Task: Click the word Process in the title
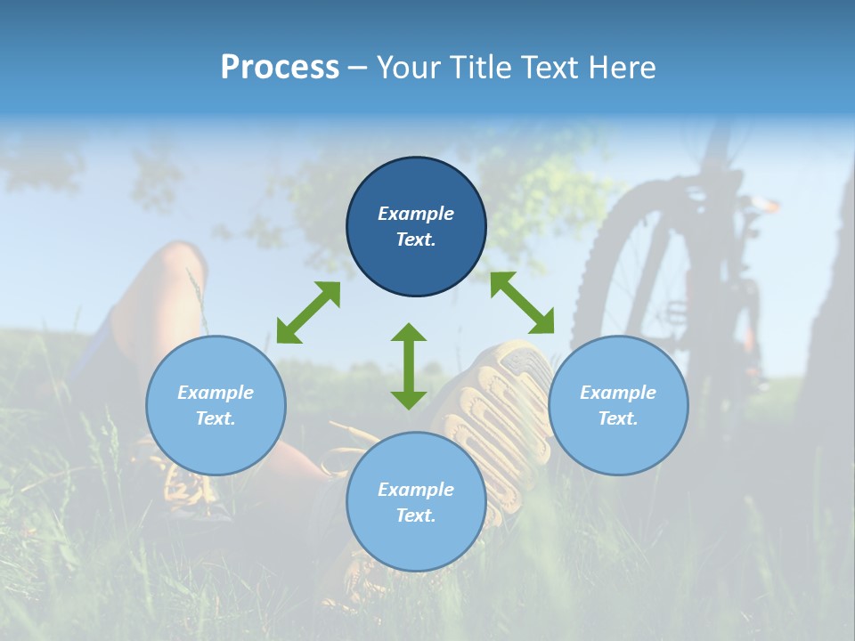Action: (279, 68)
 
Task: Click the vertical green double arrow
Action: (409, 366)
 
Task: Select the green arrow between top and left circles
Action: (308, 312)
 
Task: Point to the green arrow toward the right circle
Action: (522, 303)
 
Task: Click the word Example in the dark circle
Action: (416, 214)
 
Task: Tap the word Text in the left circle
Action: (216, 418)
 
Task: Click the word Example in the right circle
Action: (618, 393)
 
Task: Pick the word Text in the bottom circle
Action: (416, 515)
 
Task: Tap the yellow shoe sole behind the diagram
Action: (508, 401)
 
